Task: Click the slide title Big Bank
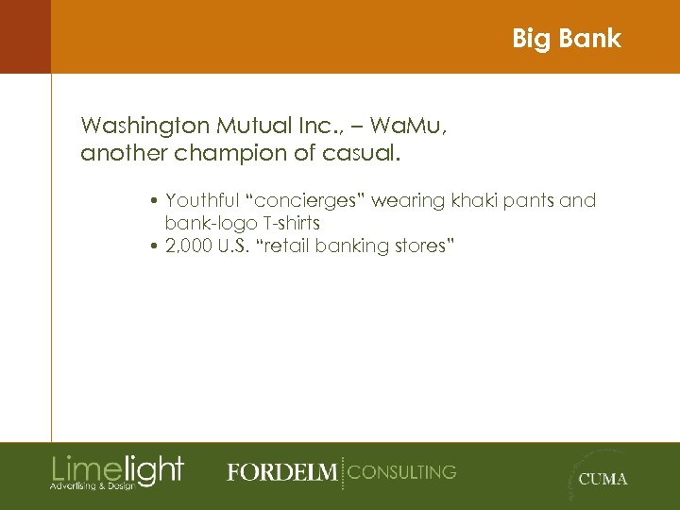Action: (x=566, y=39)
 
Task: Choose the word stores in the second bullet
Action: (x=422, y=246)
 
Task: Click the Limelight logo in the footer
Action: (x=117, y=468)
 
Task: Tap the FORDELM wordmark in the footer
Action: (x=280, y=472)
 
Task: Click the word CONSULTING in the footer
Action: (x=401, y=471)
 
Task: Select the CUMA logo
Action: (x=601, y=478)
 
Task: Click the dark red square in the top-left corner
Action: (x=25, y=37)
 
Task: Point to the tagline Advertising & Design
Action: (x=92, y=485)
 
